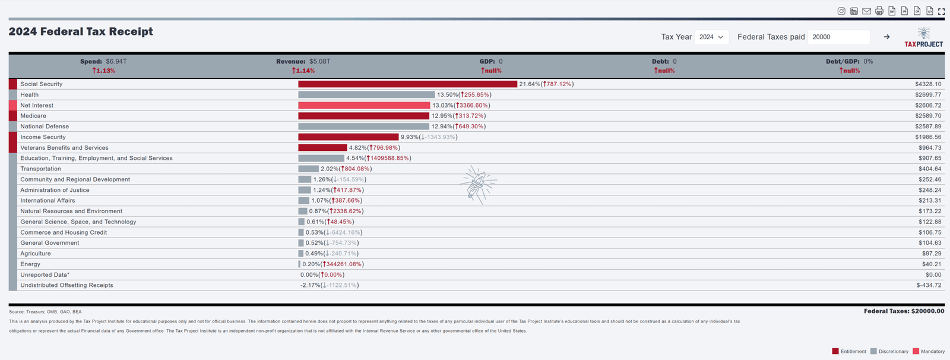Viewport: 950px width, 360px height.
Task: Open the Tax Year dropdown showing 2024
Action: tap(711, 37)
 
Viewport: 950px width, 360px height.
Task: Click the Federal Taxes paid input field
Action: tap(838, 37)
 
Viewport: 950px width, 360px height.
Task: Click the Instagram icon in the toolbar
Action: tap(841, 11)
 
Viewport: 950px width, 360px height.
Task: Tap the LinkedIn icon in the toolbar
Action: tap(854, 11)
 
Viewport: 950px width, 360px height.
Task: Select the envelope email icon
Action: tap(867, 11)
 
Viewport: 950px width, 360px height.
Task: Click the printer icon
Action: tap(879, 11)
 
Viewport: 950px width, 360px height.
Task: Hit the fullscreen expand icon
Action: tap(941, 11)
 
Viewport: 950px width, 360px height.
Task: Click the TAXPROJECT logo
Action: tap(923, 37)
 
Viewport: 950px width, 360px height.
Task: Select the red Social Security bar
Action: tap(407, 84)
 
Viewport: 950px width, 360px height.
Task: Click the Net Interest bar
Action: tap(364, 105)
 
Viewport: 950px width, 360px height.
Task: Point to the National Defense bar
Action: tap(363, 127)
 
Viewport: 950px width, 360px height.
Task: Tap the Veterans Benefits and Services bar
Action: tap(322, 148)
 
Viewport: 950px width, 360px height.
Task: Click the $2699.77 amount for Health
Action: tap(928, 95)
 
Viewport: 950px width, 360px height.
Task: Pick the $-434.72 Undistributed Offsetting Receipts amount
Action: tap(929, 285)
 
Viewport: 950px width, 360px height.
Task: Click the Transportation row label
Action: tap(40, 169)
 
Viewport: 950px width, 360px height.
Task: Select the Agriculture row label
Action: tap(36, 254)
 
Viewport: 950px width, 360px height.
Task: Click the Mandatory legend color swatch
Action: tap(916, 351)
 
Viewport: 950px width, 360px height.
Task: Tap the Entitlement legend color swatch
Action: tap(835, 351)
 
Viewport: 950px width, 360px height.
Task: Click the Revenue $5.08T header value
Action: tap(319, 61)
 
